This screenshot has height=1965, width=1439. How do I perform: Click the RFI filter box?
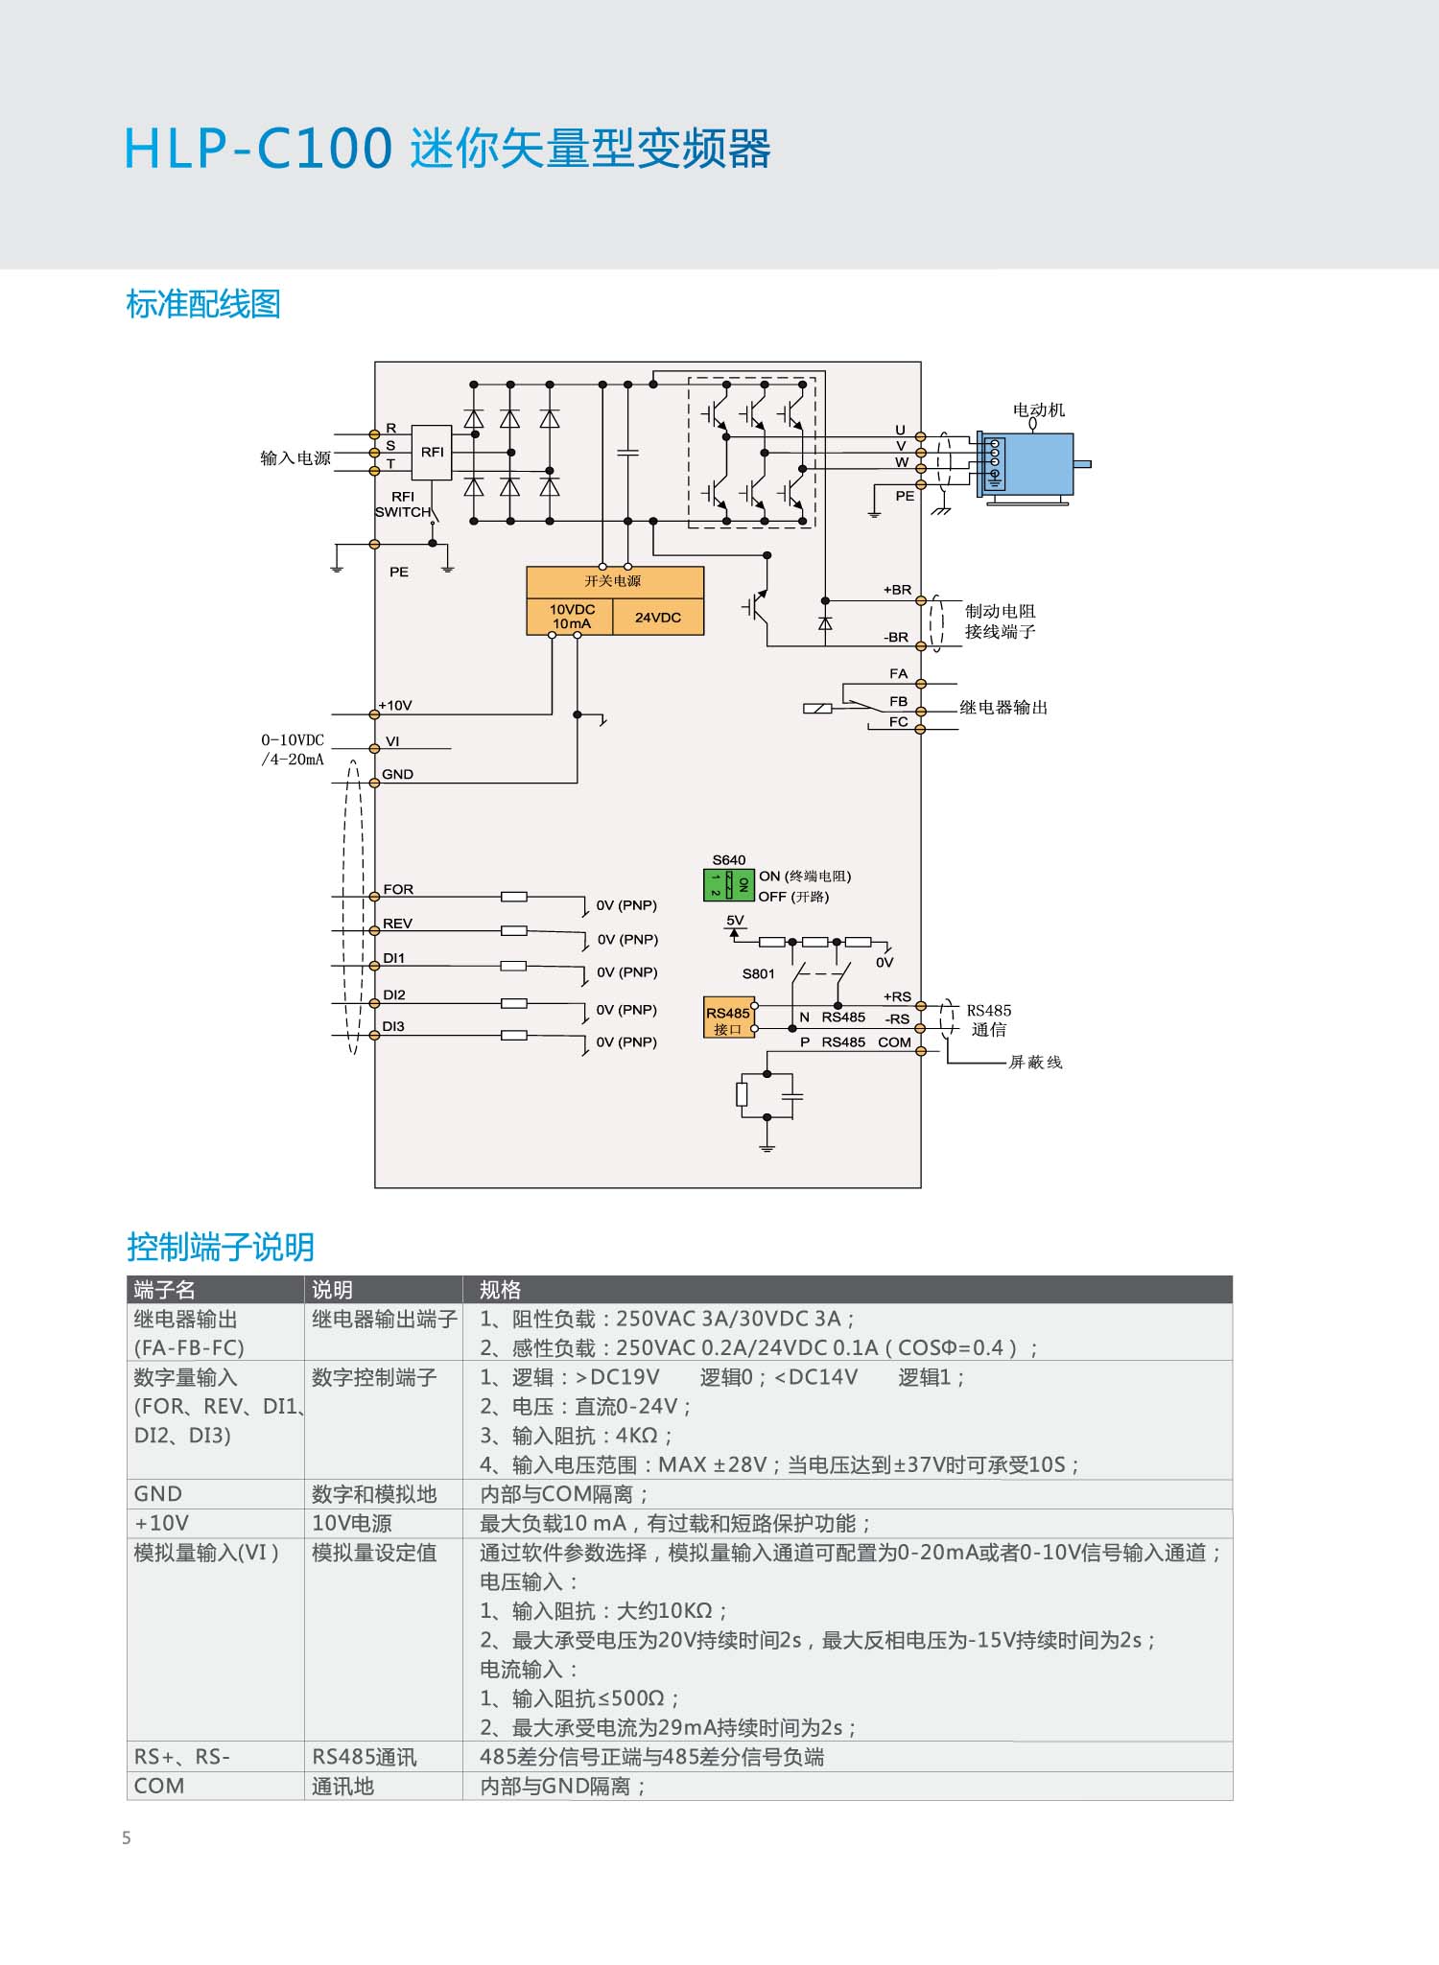[432, 453]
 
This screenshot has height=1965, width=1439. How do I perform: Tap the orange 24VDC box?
[658, 618]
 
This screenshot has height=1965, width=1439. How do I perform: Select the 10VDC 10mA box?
[571, 618]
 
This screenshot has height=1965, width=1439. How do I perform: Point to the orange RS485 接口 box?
[728, 1020]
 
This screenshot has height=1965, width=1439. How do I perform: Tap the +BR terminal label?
[897, 590]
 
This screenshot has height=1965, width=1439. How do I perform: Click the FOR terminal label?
[398, 889]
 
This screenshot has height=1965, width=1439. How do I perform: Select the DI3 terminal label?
[393, 1026]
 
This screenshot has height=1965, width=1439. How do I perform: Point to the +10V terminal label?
[395, 705]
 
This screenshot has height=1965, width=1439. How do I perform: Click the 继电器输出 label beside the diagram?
[1003, 707]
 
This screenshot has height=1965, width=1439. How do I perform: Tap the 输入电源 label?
[295, 458]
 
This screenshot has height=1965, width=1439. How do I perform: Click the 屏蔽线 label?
[1035, 1062]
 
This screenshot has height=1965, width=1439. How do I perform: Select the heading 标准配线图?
[203, 304]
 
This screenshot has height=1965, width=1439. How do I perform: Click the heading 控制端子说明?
[221, 1247]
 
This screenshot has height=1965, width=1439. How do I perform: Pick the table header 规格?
[500, 1290]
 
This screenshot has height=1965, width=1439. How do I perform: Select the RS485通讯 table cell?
[365, 1757]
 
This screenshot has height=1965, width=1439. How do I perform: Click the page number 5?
[127, 1838]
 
